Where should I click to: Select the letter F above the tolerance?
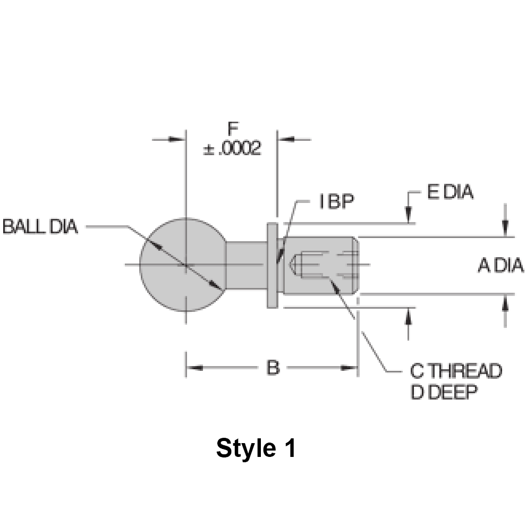232,129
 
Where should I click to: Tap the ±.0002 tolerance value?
232,148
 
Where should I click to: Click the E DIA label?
449,192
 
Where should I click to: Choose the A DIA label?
500,266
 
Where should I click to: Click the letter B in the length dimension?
273,368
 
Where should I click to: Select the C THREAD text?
456,371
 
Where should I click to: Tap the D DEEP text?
444,393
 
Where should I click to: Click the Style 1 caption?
256,449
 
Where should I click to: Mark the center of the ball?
185,264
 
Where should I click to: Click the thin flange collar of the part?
272,265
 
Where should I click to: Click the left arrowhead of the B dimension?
191,368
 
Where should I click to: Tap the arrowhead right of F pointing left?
284,139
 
